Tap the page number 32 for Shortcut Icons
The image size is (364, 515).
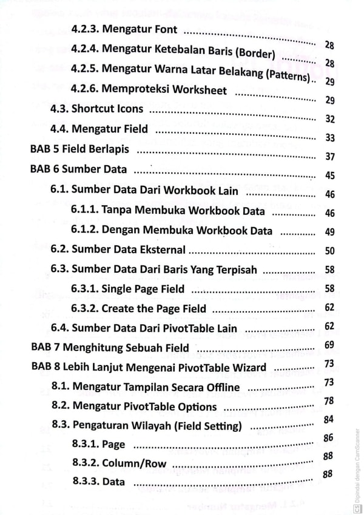pyautogui.click(x=330, y=119)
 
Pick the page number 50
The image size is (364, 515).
pyautogui.click(x=330, y=250)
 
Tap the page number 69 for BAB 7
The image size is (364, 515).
pyautogui.click(x=330, y=345)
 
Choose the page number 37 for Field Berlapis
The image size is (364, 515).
pyautogui.click(x=330, y=157)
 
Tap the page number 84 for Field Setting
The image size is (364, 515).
pyautogui.click(x=329, y=419)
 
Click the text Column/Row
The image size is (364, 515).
pyautogui.click(x=130, y=463)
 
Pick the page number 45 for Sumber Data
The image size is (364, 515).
pyautogui.click(x=330, y=176)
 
